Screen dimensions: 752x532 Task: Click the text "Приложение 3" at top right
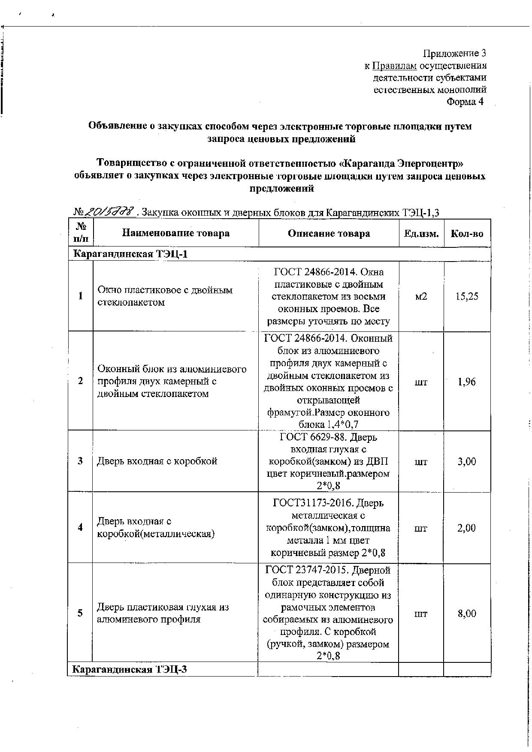454,54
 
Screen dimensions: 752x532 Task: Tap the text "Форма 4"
465,102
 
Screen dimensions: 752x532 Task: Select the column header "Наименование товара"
175,233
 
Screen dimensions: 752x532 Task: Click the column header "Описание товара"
329,233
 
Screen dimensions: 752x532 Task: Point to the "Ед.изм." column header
421,234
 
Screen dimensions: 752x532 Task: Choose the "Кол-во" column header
467,234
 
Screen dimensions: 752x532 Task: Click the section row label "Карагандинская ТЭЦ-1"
130,254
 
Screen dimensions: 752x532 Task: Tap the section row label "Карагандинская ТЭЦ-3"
129,669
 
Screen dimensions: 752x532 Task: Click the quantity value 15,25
467,296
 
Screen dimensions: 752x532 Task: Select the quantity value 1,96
467,382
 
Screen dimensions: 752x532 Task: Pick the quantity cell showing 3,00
467,461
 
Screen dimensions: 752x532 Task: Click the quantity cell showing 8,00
467,614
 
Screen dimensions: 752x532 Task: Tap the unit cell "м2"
421,296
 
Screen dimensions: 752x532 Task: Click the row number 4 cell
80,527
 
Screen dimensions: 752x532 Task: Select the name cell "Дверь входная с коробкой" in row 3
157,461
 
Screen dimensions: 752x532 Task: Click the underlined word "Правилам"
394,66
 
